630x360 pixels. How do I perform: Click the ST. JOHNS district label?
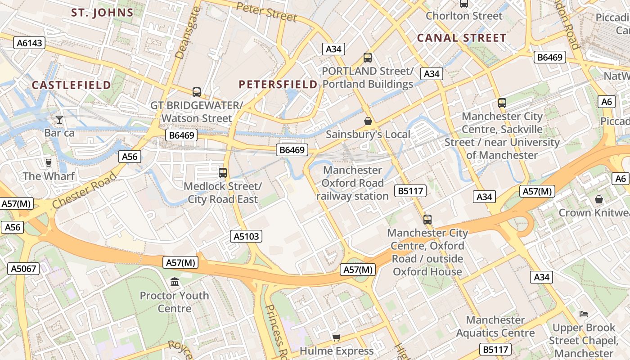coord(103,13)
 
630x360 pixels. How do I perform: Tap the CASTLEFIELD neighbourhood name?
coord(71,85)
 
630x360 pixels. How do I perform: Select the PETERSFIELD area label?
coord(278,84)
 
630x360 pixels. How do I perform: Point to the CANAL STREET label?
coord(462,38)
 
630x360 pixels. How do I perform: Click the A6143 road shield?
coord(29,43)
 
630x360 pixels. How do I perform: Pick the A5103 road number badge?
coord(247,236)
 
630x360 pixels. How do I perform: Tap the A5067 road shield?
coord(23,269)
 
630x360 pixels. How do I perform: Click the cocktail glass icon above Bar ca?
coord(59,120)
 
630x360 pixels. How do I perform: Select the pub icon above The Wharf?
coord(49,162)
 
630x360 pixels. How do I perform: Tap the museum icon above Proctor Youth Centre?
coord(174,282)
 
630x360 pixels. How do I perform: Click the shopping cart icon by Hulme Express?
coord(336,337)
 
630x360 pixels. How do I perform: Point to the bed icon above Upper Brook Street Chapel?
coord(584,314)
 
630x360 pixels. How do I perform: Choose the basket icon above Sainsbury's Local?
coord(368,121)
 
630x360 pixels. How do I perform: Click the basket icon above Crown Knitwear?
coord(598,199)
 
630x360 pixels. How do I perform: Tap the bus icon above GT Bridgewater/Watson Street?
coord(197,92)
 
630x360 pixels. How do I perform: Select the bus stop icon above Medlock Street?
coord(222,172)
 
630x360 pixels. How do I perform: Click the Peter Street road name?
coord(266,12)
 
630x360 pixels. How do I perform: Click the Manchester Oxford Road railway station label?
coord(352,183)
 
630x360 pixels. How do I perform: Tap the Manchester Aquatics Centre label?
coord(495,327)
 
